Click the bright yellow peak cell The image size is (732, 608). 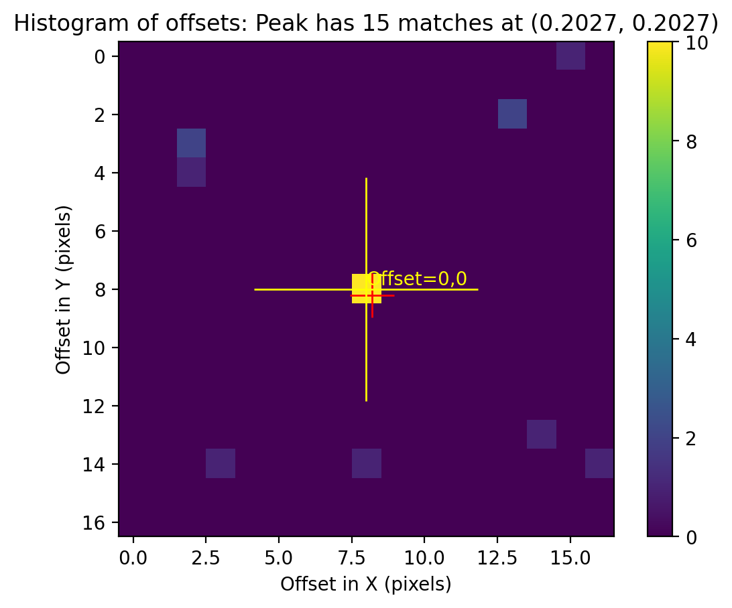[x=366, y=288]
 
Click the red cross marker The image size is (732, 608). [x=372, y=295]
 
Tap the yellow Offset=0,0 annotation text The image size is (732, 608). [x=418, y=279]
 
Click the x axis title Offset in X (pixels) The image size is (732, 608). [x=366, y=585]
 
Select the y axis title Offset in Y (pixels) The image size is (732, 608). [x=64, y=289]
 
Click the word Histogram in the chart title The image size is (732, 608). [x=66, y=23]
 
